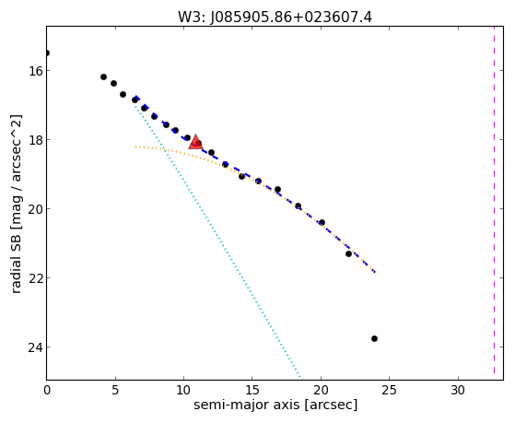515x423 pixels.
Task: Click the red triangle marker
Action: point(195,142)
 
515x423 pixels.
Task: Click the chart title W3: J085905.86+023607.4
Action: point(275,18)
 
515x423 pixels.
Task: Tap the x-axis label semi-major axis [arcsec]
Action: point(275,405)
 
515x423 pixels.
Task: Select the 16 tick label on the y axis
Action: point(35,71)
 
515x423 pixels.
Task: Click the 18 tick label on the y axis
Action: point(35,140)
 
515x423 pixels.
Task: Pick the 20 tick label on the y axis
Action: point(35,209)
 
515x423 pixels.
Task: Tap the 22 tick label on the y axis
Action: point(35,278)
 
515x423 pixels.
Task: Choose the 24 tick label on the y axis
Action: point(35,347)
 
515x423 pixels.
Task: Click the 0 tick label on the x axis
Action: point(47,390)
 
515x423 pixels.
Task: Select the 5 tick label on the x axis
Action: point(115,390)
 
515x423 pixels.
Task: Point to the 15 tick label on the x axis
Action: point(252,390)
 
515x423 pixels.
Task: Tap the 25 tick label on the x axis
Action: point(389,390)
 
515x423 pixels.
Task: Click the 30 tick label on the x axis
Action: point(458,390)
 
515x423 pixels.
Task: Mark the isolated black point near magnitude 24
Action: point(374,338)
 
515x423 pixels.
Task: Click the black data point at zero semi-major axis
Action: point(47,53)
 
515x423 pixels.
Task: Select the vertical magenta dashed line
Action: point(494,200)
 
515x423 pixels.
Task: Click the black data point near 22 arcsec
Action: point(348,253)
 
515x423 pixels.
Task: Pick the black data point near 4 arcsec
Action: point(103,76)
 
